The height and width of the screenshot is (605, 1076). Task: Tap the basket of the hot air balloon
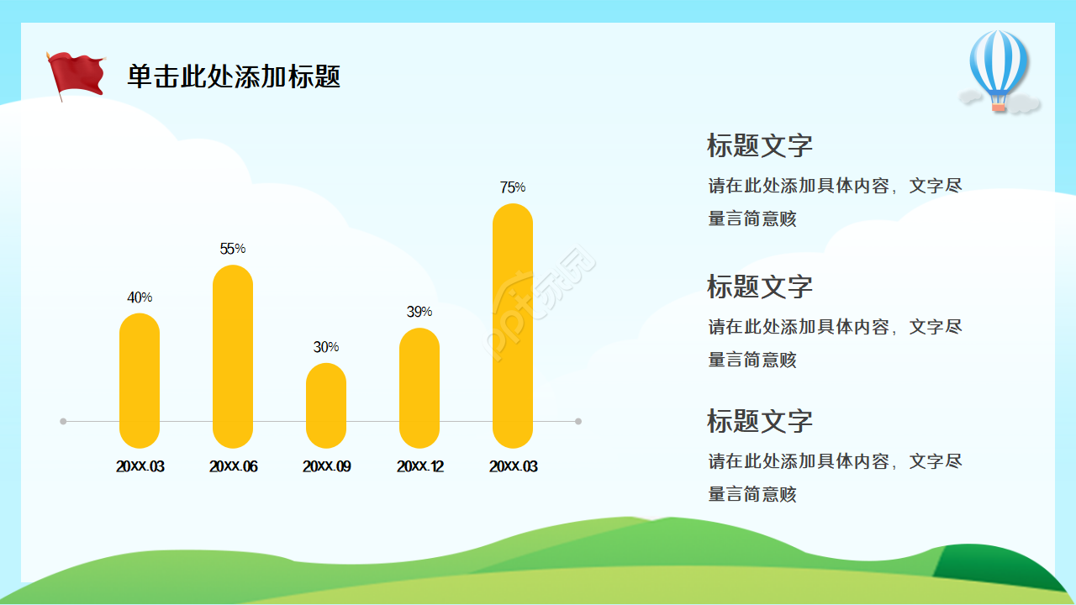tap(998, 108)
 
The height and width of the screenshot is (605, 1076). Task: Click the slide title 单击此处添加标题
tap(234, 76)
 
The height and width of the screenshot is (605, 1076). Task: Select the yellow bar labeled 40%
tap(140, 381)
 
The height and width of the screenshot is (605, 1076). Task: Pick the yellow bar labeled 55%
tap(233, 356)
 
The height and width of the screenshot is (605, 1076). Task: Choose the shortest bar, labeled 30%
tap(326, 405)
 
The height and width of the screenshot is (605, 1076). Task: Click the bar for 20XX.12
tap(419, 387)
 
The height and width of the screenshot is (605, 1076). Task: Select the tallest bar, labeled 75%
tap(513, 325)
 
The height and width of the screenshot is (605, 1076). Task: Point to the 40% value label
tap(140, 297)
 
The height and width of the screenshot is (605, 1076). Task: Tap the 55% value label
tap(233, 249)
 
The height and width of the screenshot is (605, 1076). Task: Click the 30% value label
tap(326, 347)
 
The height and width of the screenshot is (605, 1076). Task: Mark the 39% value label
tap(419, 312)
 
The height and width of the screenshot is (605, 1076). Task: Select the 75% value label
tap(513, 187)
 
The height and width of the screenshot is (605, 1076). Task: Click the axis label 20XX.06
tap(233, 466)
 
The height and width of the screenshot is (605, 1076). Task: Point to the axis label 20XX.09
tap(326, 466)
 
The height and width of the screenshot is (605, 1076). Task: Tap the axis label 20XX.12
tap(419, 466)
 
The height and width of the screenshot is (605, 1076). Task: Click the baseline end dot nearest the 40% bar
tap(63, 421)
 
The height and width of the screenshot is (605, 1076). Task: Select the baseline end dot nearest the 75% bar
tap(578, 421)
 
